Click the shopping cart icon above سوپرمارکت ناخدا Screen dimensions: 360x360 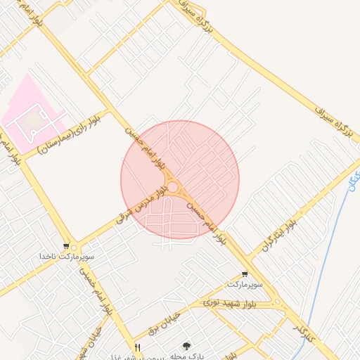click(65, 247)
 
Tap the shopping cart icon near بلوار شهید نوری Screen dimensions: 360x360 click(245, 274)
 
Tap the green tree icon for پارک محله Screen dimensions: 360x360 click(186, 346)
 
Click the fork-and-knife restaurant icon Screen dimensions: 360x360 click(137, 347)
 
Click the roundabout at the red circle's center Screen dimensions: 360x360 click(172, 186)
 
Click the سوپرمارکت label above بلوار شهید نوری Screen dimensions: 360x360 click(244, 285)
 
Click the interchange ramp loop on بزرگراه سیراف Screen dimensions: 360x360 click(184, 8)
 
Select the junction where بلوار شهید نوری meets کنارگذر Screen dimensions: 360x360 click(279, 303)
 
